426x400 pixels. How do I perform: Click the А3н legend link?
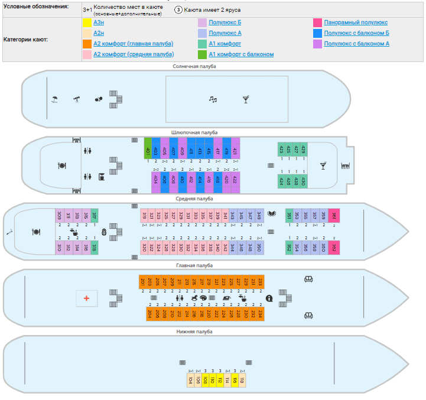(99, 22)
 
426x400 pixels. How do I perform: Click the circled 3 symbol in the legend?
(178, 9)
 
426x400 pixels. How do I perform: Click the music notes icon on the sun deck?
(213, 99)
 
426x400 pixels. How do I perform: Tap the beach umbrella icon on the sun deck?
(54, 99)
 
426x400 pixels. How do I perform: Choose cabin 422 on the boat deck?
(235, 181)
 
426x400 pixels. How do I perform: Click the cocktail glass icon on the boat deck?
(323, 166)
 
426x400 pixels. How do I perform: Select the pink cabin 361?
(334, 216)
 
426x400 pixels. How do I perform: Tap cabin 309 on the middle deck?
(59, 216)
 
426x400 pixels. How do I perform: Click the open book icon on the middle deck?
(272, 214)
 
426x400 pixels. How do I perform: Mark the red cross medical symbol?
(86, 298)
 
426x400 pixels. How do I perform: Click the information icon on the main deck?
(269, 298)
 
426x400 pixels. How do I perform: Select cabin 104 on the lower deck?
(190, 381)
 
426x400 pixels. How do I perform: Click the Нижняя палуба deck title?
(194, 332)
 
